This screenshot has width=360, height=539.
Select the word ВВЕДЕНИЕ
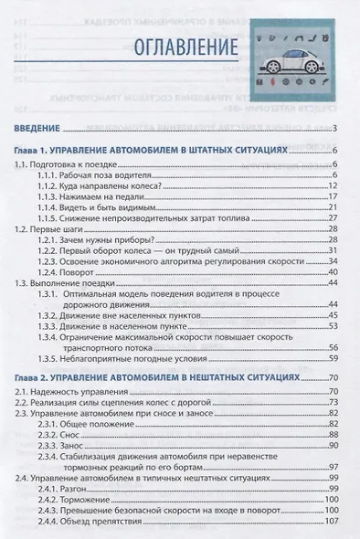[39, 127]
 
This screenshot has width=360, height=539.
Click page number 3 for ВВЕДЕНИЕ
[336, 127]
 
